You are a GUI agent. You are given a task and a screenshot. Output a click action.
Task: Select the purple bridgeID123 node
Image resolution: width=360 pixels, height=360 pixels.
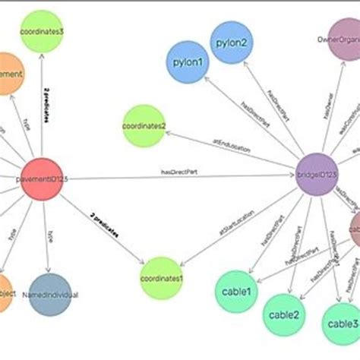click(317, 177)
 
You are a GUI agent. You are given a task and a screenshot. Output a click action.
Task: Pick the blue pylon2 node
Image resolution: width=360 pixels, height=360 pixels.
click(232, 42)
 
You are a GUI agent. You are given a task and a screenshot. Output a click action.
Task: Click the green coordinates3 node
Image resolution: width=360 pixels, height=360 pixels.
click(42, 32)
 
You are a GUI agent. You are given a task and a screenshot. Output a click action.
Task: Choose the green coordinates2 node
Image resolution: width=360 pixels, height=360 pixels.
click(144, 125)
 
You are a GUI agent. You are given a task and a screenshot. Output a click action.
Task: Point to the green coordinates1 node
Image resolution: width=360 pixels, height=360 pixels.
click(163, 278)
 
